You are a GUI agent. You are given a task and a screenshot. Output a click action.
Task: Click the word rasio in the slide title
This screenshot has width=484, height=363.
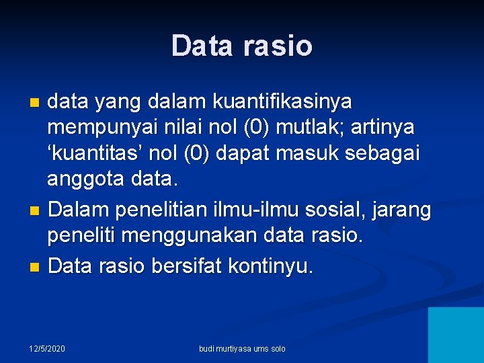(x=277, y=46)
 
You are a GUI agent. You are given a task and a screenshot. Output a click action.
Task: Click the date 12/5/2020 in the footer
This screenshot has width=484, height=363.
(x=47, y=349)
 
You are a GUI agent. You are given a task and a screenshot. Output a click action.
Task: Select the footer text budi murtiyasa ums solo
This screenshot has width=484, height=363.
(x=242, y=349)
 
